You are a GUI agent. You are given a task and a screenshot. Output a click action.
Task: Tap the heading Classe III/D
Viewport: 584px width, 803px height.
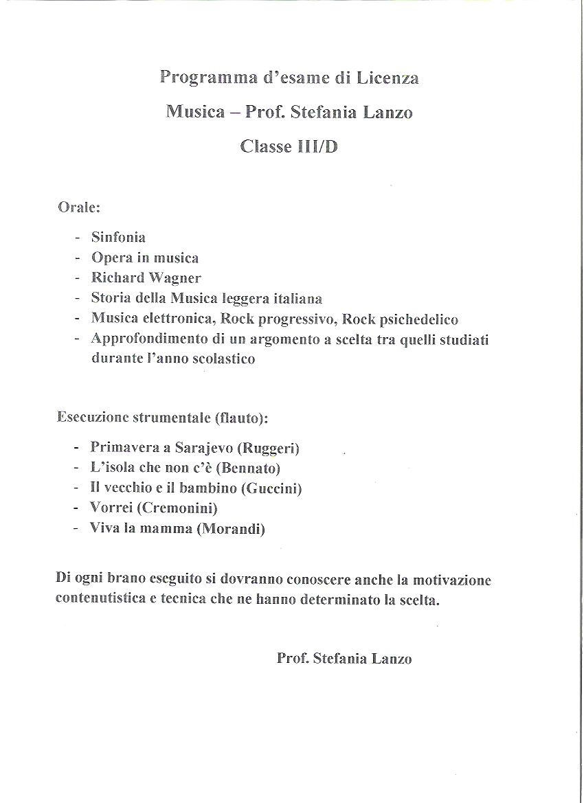pyautogui.click(x=289, y=146)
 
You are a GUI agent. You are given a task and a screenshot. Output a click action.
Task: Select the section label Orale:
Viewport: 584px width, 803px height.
pyautogui.click(x=80, y=207)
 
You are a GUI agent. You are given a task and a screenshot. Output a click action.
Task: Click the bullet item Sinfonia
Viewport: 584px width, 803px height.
pyautogui.click(x=118, y=237)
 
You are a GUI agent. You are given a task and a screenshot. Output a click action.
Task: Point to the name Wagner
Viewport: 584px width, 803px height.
pyautogui.click(x=175, y=278)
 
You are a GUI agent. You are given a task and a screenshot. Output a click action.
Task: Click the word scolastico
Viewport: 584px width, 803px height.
pyautogui.click(x=221, y=359)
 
